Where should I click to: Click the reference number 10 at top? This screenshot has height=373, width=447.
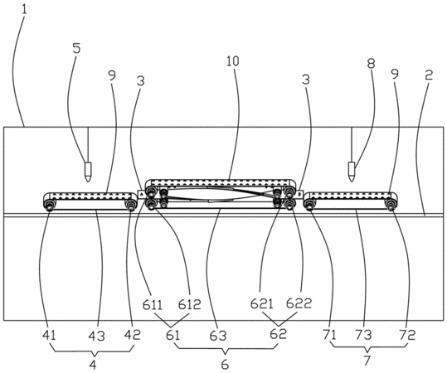pyautogui.click(x=233, y=61)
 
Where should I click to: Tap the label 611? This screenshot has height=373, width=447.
pyautogui.click(x=153, y=305)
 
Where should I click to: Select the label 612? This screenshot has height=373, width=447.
pyautogui.click(x=190, y=304)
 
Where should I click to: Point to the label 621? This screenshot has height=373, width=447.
pyautogui.click(x=262, y=303)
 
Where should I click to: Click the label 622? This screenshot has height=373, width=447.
pyautogui.click(x=299, y=303)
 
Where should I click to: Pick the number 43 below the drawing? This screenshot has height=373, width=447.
pyautogui.click(x=97, y=337)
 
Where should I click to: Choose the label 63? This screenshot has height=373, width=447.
pyautogui.click(x=218, y=336)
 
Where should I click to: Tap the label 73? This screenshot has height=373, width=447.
pyautogui.click(x=363, y=335)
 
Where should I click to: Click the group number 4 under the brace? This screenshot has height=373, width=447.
pyautogui.click(x=93, y=365)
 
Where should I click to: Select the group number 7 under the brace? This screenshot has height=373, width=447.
pyautogui.click(x=367, y=361)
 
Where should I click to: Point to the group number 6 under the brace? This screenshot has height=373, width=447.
pyautogui.click(x=225, y=365)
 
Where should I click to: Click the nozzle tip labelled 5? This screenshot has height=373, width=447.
pyautogui.click(x=88, y=182)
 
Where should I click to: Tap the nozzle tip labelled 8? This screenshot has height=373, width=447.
pyautogui.click(x=352, y=181)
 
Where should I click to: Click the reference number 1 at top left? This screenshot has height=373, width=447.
pyautogui.click(x=24, y=10)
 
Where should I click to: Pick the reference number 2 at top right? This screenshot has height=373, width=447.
pyautogui.click(x=429, y=75)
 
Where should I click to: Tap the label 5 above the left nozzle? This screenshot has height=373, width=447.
pyautogui.click(x=76, y=48)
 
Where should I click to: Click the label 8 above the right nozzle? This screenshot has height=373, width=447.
pyautogui.click(x=371, y=64)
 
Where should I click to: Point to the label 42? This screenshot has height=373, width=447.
pyautogui.click(x=133, y=335)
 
